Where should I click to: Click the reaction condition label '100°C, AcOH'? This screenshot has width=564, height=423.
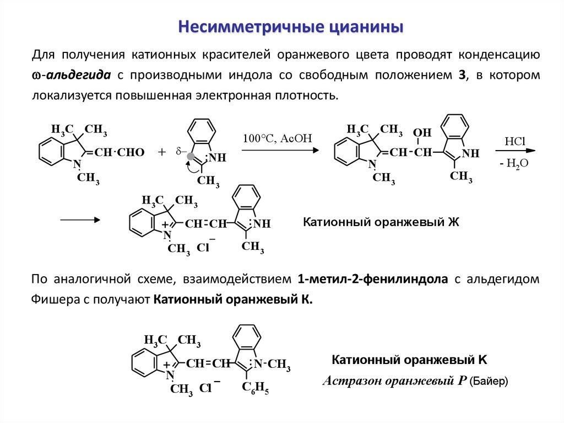(277, 138)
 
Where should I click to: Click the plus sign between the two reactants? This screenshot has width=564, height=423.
(161, 153)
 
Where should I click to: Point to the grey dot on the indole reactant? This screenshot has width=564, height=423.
(190, 156)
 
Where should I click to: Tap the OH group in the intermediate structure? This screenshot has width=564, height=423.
(422, 133)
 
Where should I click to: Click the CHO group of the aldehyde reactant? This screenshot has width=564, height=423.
(132, 153)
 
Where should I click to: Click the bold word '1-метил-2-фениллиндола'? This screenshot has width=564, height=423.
(372, 280)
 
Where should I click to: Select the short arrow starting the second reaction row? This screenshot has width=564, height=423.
(80, 219)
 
